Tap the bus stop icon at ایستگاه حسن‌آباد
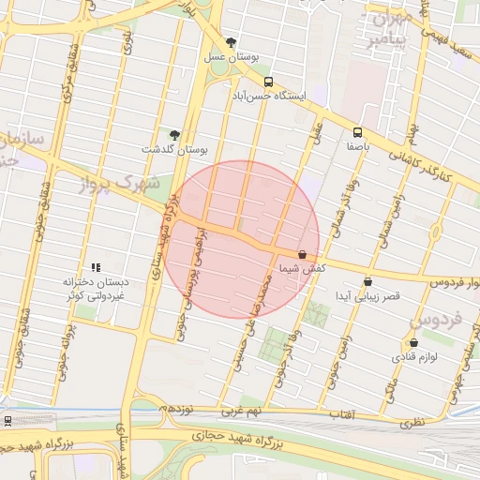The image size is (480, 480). (269, 81)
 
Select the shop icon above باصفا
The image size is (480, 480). (356, 132)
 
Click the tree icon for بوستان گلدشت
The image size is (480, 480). (174, 135)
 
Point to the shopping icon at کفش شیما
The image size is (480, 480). (302, 254)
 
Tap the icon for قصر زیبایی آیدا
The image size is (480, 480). (367, 280)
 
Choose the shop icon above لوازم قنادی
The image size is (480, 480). (413, 343)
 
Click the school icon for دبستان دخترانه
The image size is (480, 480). (95, 267)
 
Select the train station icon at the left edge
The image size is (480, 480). (7, 421)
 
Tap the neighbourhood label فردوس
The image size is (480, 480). (437, 321)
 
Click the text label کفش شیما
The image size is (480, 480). (302, 268)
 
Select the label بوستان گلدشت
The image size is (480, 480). (174, 149)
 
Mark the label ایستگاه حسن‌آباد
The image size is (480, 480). (270, 95)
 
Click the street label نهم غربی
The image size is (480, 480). (243, 411)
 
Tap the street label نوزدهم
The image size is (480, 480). (175, 409)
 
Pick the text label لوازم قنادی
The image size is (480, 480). (413, 357)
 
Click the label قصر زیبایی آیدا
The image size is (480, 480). (367, 295)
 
